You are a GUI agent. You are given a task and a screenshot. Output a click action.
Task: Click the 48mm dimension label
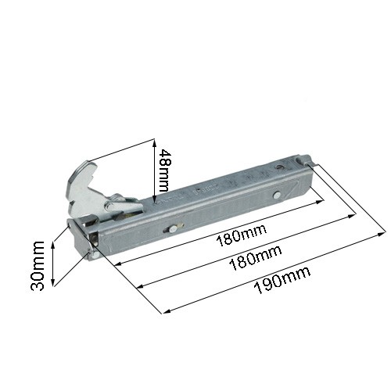(x=163, y=170)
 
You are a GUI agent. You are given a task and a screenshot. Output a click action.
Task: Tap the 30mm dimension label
(x=38, y=266)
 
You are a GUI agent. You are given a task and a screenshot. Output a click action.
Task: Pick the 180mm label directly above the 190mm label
(x=256, y=257)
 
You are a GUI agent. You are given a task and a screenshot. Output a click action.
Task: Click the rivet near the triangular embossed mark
(x=277, y=195)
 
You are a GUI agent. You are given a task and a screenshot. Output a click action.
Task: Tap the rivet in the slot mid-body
(x=172, y=228)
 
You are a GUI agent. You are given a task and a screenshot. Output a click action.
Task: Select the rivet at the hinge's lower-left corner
(x=95, y=255)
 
